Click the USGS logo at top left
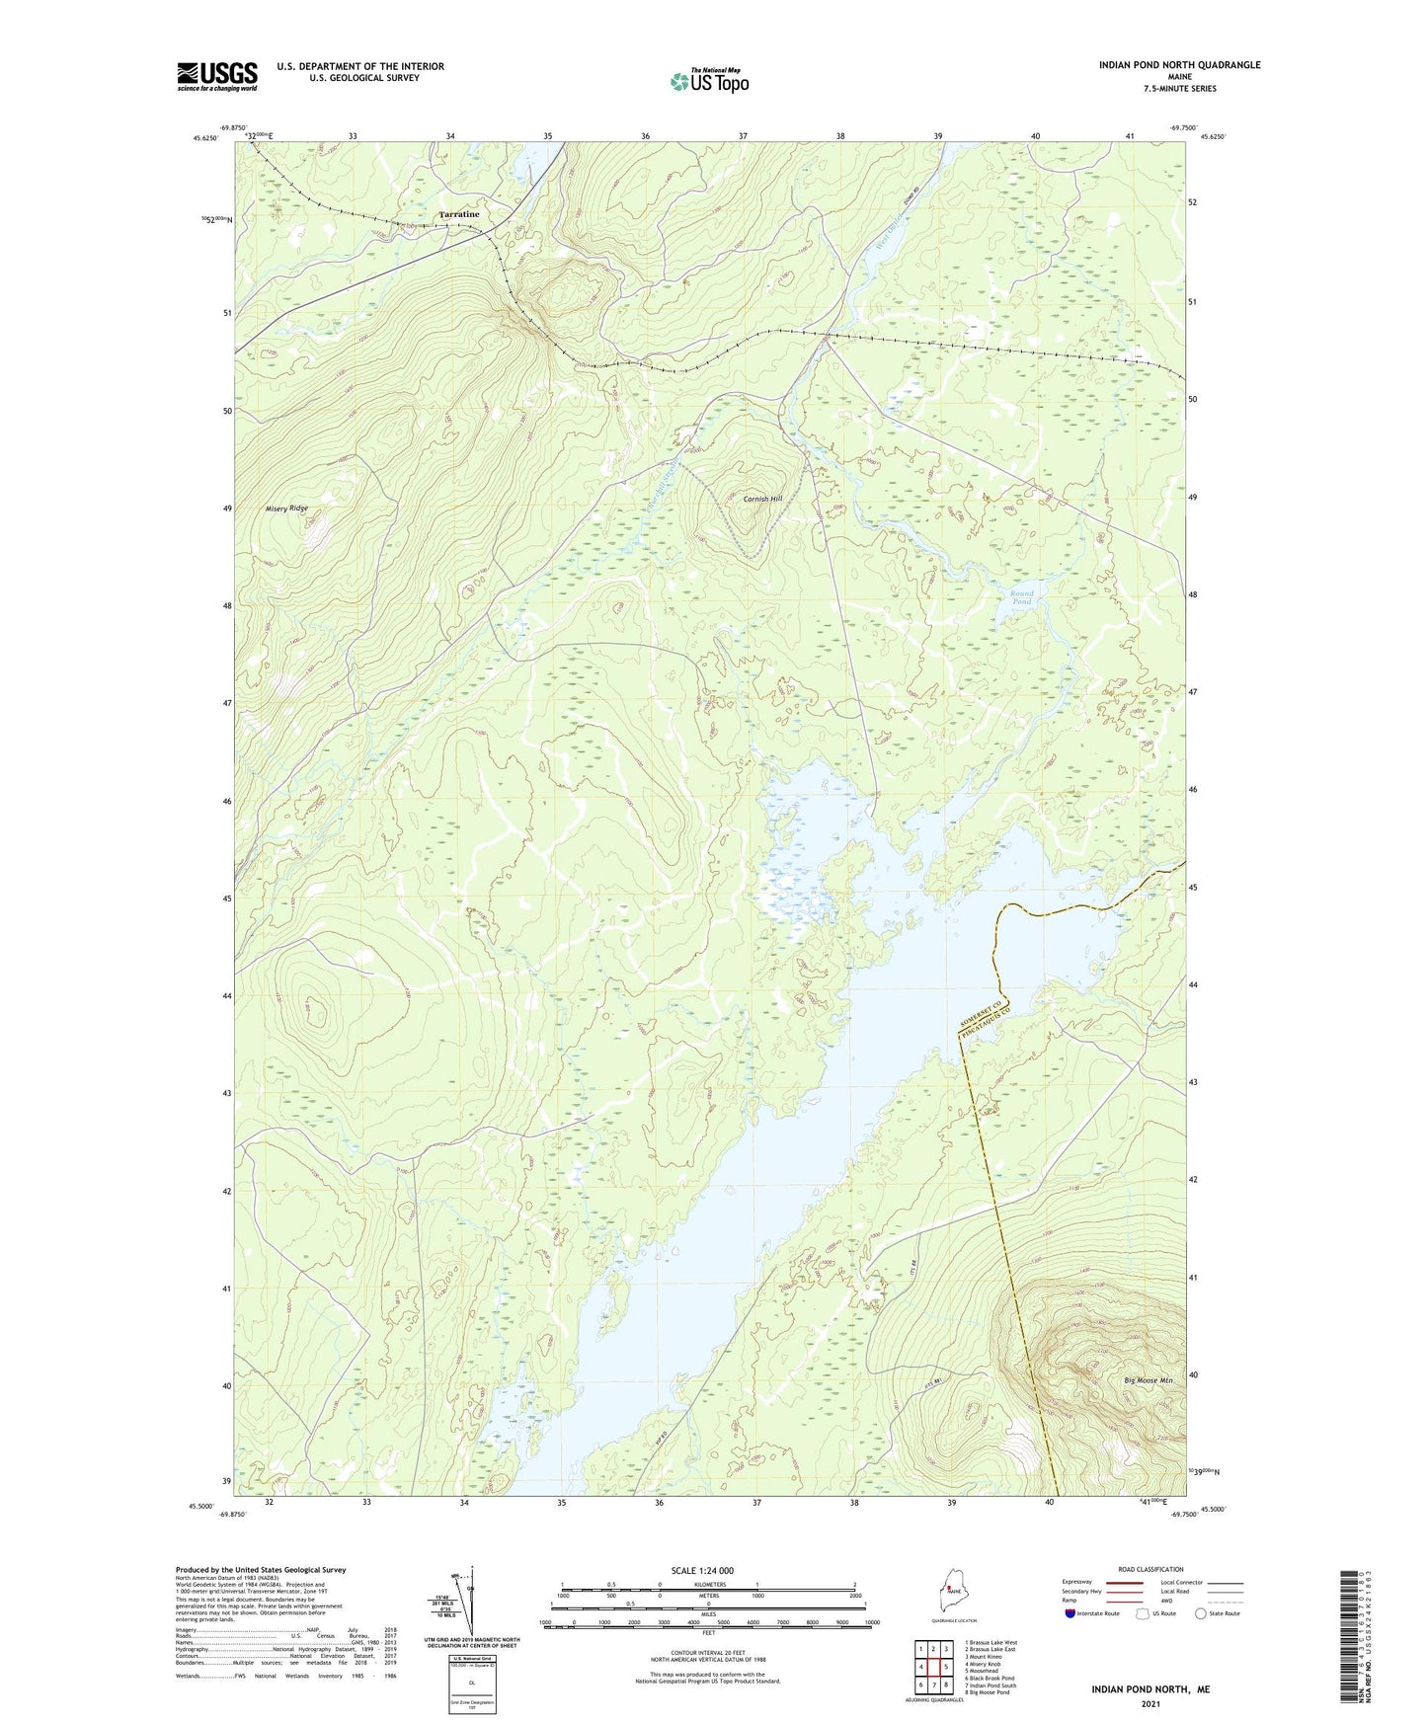(x=217, y=76)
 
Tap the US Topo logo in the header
(x=709, y=81)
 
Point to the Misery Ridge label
(x=286, y=509)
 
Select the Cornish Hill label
(x=762, y=499)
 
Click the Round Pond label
(x=1021, y=597)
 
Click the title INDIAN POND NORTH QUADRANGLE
(x=1179, y=65)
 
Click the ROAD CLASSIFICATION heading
(x=1150, y=1569)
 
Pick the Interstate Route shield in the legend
(x=1071, y=1613)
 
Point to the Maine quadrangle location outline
(x=953, y=1600)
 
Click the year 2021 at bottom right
(x=1150, y=1704)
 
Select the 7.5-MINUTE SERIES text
(x=1179, y=89)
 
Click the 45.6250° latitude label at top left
(x=204, y=139)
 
